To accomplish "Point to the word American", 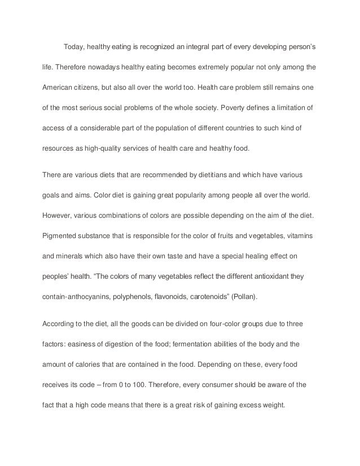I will click(x=59, y=88).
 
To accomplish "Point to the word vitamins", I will click(x=302, y=238).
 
